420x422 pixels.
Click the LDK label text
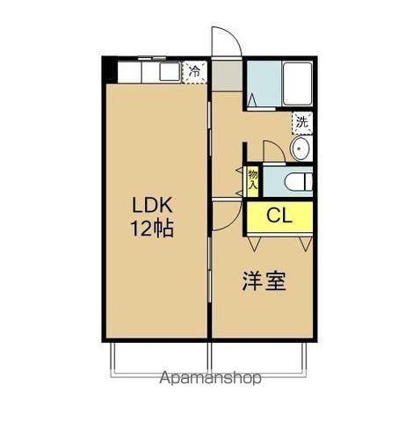coord(153,206)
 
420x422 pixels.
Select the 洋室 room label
coord(264,283)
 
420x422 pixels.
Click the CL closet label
coord(279,215)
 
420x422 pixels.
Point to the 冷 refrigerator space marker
coord(195,71)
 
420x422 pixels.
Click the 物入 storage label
coord(253,179)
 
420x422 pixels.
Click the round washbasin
coord(301,149)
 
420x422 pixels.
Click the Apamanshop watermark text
coord(210,379)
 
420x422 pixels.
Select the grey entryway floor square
coord(227,75)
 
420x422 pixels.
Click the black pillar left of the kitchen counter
coord(110,69)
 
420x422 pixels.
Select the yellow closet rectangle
coord(279,215)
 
